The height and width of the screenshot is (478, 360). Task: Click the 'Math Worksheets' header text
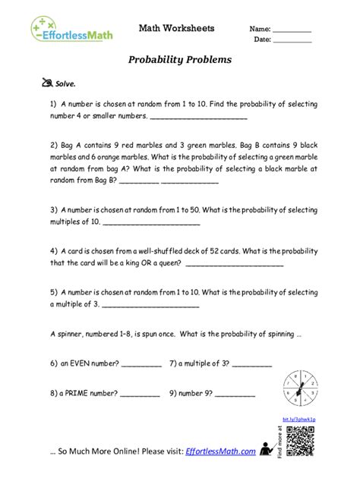click(176, 28)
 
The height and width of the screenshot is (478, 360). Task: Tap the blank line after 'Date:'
click(292, 42)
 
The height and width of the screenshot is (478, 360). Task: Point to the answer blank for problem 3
click(150, 225)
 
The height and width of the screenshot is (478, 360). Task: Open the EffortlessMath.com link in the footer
click(220, 453)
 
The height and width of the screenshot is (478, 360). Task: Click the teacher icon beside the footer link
click(266, 448)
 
